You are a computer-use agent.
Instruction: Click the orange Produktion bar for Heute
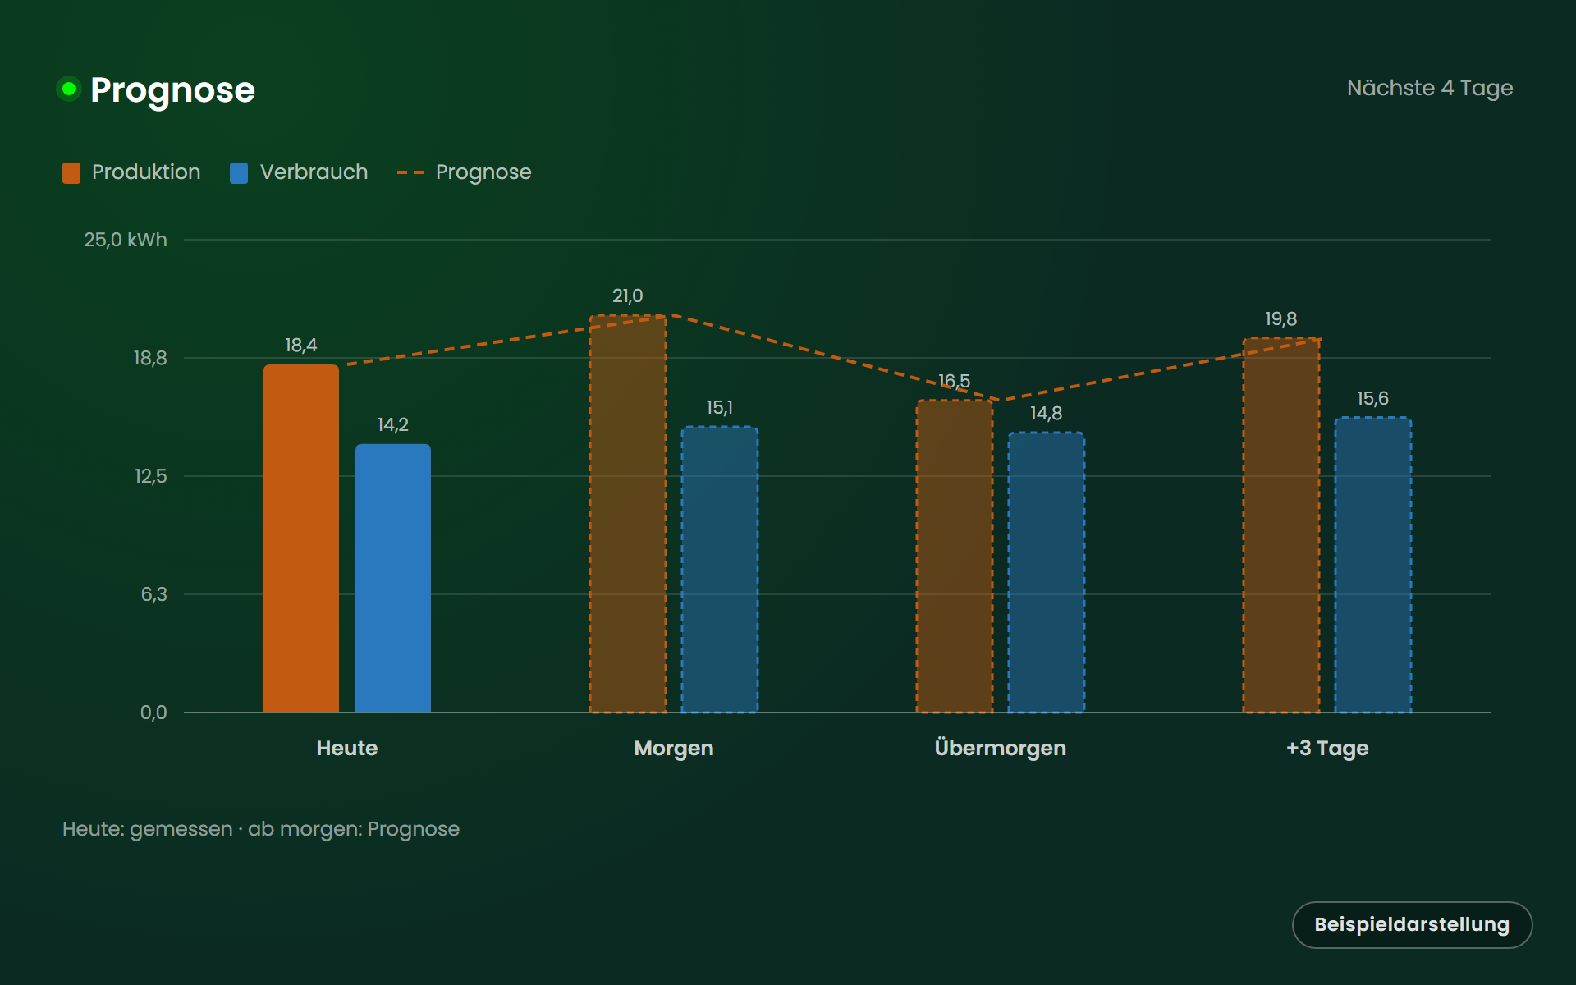pyautogui.click(x=301, y=538)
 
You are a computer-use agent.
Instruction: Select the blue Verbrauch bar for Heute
pyautogui.click(x=393, y=578)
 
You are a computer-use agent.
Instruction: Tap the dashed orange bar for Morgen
pyautogui.click(x=628, y=514)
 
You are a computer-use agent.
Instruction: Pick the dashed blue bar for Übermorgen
pyautogui.click(x=1047, y=572)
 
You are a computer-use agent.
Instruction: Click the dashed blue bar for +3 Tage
pyautogui.click(x=1373, y=565)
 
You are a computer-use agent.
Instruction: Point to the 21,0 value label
pyautogui.click(x=628, y=295)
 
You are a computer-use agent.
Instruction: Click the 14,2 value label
pyautogui.click(x=393, y=424)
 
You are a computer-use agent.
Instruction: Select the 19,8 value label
pyautogui.click(x=1281, y=318)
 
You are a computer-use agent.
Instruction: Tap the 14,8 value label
pyautogui.click(x=1047, y=413)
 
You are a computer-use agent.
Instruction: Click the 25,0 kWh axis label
pyautogui.click(x=126, y=240)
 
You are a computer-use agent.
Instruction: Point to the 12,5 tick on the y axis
pyautogui.click(x=151, y=476)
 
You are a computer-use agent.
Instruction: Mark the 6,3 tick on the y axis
pyautogui.click(x=154, y=594)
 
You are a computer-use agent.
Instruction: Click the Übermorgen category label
pyautogui.click(x=1001, y=748)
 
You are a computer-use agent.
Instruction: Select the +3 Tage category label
pyautogui.click(x=1327, y=748)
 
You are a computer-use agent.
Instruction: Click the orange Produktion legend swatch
pyautogui.click(x=71, y=172)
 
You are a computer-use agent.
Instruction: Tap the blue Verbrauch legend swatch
pyautogui.click(x=239, y=172)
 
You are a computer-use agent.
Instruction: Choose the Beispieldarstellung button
pyautogui.click(x=1413, y=925)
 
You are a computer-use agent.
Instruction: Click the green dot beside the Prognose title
pyautogui.click(x=69, y=89)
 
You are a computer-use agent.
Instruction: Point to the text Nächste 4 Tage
pyautogui.click(x=1430, y=88)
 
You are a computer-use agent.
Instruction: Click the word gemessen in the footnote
pyautogui.click(x=181, y=829)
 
